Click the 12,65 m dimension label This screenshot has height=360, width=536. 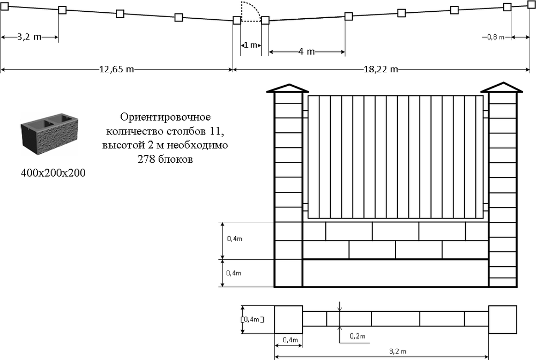click(116, 70)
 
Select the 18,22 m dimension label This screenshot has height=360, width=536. click(381, 70)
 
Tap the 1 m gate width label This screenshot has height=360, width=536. click(250, 46)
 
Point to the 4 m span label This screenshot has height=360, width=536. click(306, 52)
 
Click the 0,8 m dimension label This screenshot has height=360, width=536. click(496, 37)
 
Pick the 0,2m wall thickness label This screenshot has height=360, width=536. click(357, 336)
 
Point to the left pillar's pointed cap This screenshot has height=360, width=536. click(288, 88)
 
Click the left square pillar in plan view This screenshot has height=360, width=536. click(288, 319)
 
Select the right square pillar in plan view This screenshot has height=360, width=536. click(503, 319)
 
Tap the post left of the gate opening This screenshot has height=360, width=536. click(237, 21)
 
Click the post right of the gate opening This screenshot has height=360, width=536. click(265, 21)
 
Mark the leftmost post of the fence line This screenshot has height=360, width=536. click(5, 6)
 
